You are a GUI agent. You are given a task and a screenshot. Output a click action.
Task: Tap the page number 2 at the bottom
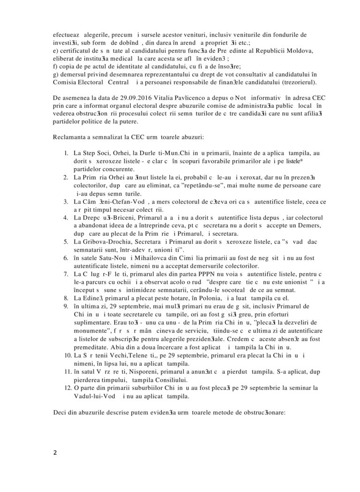[55, 453]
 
